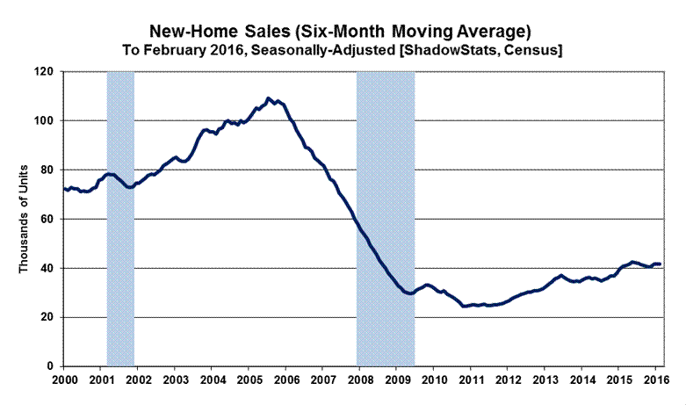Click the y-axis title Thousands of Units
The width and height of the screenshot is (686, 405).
pyautogui.click(x=25, y=218)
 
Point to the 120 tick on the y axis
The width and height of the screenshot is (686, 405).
pyautogui.click(x=43, y=71)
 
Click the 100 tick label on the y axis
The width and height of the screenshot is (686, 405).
pyautogui.click(x=43, y=120)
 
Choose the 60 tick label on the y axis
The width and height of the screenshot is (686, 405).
pyautogui.click(x=47, y=219)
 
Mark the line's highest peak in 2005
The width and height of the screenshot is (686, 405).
pyautogui.click(x=269, y=98)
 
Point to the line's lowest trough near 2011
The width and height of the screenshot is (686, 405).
pyautogui.click(x=465, y=306)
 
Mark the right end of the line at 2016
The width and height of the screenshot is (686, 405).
pyautogui.click(x=661, y=264)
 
